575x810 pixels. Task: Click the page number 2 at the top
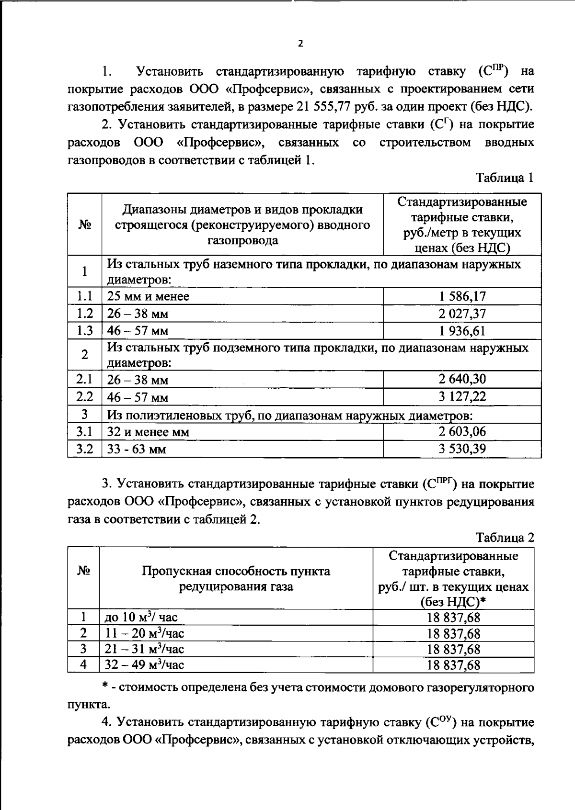click(x=300, y=44)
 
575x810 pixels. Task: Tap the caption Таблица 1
click(x=505, y=178)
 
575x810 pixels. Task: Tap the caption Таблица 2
click(x=505, y=538)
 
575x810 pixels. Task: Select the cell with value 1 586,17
click(x=462, y=296)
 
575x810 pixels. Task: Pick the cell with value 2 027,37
click(x=462, y=314)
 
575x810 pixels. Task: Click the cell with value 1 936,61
click(x=462, y=331)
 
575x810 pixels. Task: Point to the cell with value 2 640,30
click(x=462, y=380)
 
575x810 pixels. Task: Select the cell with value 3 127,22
click(x=462, y=397)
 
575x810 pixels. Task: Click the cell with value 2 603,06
click(x=462, y=432)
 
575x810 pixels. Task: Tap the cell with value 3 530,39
click(x=462, y=449)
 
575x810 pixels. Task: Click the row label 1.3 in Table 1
click(x=84, y=331)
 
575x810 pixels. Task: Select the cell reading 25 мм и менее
click(x=148, y=297)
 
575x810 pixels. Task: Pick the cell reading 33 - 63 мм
click(x=137, y=450)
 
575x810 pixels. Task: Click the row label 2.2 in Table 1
click(x=84, y=397)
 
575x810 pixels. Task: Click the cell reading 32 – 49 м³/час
click(x=144, y=665)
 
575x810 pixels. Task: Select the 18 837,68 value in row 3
click(x=453, y=649)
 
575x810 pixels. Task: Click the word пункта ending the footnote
click(x=88, y=705)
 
